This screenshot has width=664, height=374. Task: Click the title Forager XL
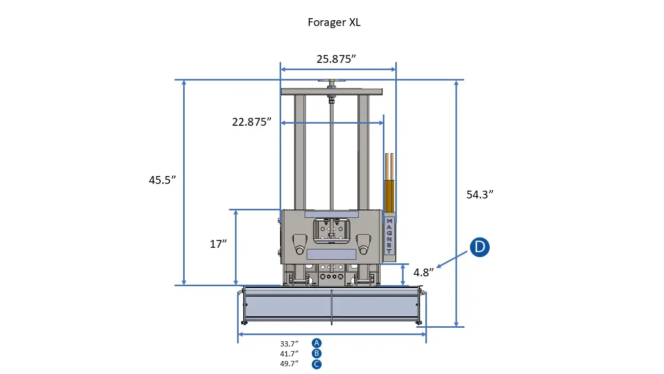coord(334,22)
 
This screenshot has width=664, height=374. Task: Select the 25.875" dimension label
coord(336,59)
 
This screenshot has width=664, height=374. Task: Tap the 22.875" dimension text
coord(252,122)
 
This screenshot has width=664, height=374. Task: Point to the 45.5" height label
coord(162,180)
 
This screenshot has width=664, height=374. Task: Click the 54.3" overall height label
coord(479,194)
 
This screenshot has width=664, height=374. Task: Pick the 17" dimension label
coord(218,244)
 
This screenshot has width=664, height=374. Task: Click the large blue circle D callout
coord(480,247)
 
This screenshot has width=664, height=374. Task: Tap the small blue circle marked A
coord(316,343)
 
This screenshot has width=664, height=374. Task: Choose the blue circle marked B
coord(316,353)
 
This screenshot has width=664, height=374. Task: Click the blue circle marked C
coord(316,364)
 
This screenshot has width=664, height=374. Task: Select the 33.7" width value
coord(289,343)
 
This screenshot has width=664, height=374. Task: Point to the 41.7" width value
coord(289,354)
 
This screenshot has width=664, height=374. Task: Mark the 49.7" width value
coord(289,364)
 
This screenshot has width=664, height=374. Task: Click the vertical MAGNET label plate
coord(389,235)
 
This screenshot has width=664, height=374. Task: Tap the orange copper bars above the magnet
coord(389,187)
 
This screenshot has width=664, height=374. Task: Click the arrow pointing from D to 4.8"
coord(455,258)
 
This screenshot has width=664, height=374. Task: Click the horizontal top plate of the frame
coord(331,91)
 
